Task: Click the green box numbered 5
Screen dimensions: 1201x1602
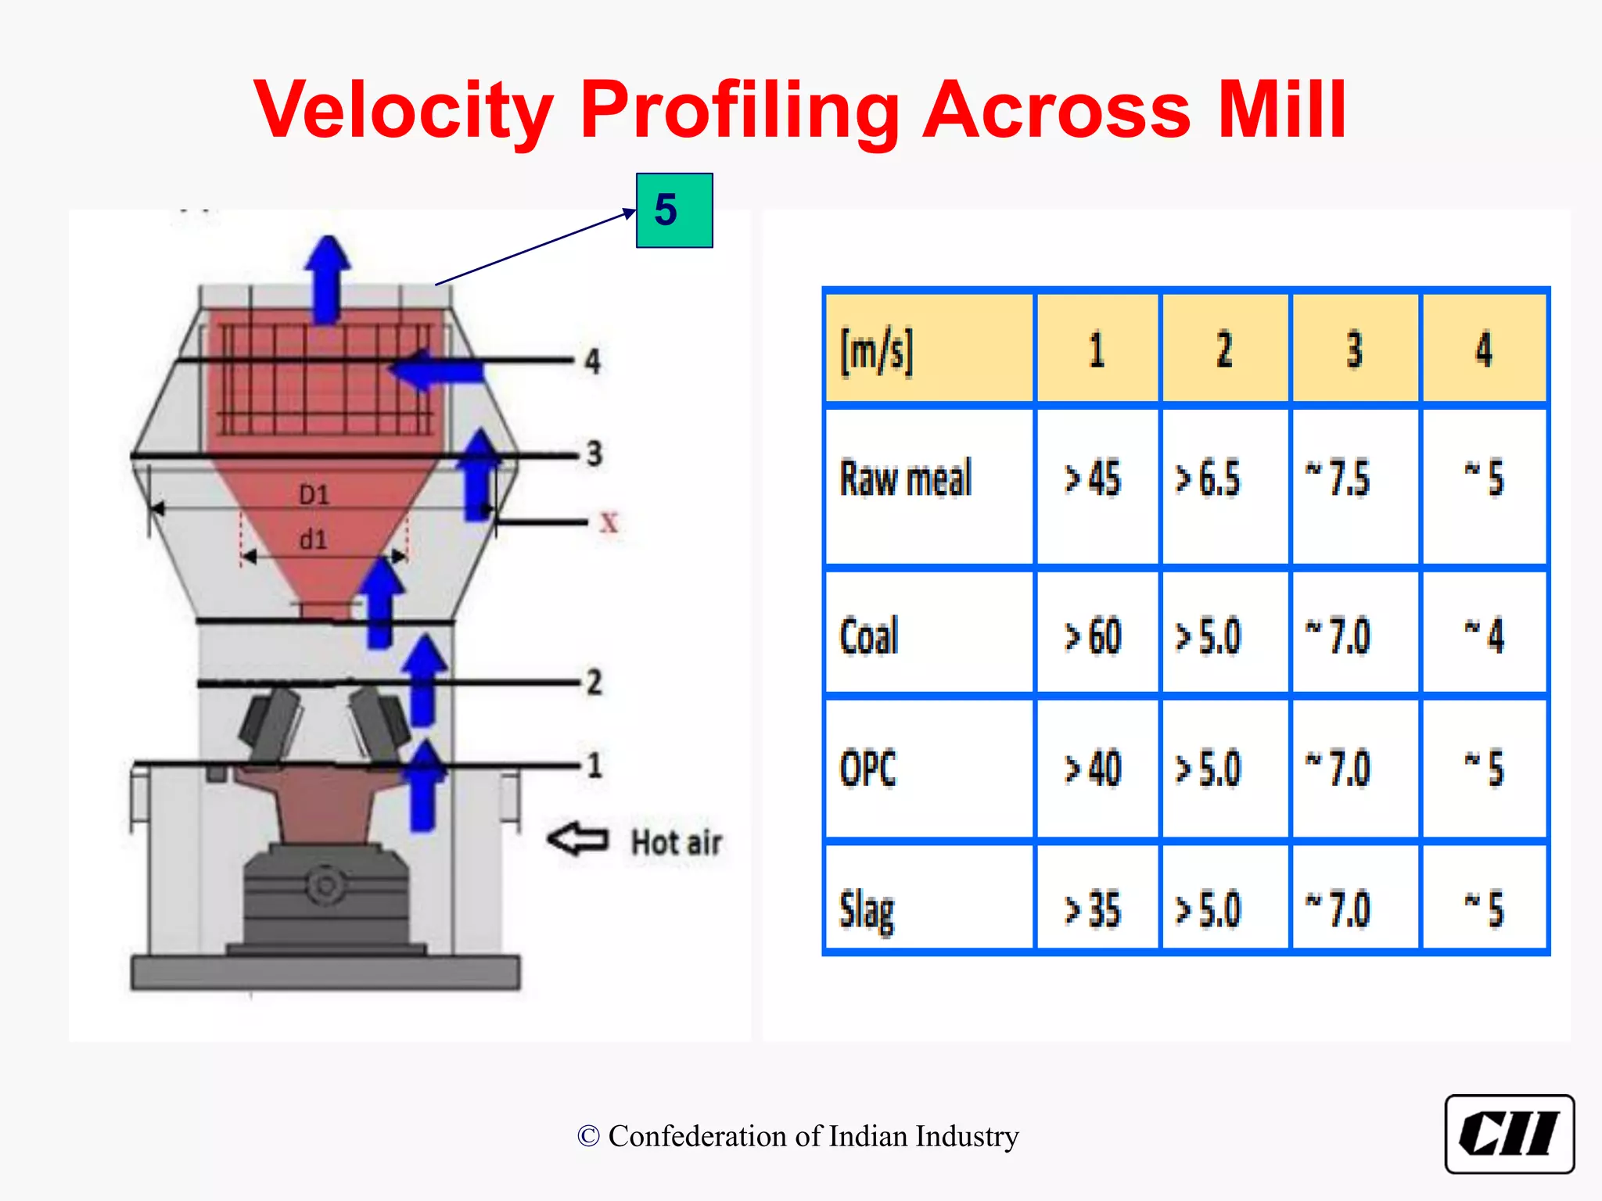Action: click(673, 210)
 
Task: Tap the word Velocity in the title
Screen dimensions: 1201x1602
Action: click(404, 110)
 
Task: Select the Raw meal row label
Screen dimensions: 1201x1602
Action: click(905, 479)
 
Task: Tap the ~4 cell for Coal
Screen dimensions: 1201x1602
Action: click(1484, 636)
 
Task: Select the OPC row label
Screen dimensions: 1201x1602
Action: click(867, 769)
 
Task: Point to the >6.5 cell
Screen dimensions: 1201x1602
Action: click(1209, 479)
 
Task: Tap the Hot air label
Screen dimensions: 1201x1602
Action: click(676, 843)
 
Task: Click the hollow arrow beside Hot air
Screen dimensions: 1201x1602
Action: click(578, 840)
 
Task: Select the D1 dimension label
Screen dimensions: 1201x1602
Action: click(314, 495)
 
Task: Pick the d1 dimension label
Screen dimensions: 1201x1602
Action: click(313, 540)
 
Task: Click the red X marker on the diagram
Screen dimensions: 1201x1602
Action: click(609, 522)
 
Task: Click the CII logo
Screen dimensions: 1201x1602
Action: click(1508, 1134)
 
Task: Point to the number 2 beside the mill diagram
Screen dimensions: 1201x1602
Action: click(594, 683)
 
